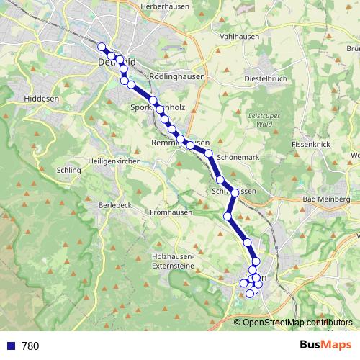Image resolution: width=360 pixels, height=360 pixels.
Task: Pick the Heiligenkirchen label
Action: click(x=113, y=161)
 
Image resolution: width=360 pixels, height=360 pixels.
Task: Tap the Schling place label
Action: click(x=68, y=171)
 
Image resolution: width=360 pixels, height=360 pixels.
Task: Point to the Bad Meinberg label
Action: click(x=327, y=199)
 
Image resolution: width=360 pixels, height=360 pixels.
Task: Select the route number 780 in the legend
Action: click(x=30, y=346)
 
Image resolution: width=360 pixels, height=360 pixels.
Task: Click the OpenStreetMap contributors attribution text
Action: click(x=297, y=322)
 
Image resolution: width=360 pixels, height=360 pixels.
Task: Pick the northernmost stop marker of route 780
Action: click(x=102, y=48)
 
